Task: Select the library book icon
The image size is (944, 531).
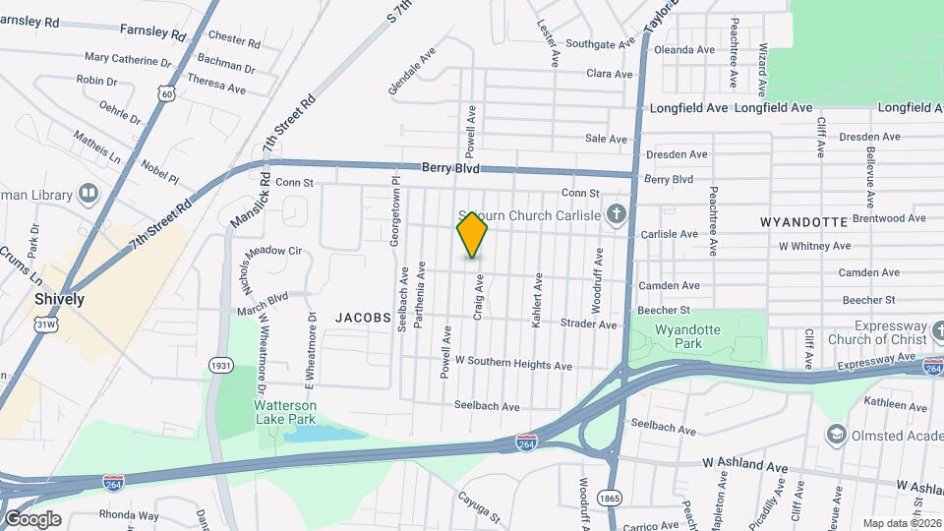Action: [x=88, y=193]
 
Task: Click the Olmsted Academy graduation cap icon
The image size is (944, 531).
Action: [x=836, y=434]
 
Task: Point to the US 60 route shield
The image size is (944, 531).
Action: [x=168, y=93]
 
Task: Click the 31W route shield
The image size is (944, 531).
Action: [x=45, y=324]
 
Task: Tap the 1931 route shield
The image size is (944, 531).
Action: [x=220, y=366]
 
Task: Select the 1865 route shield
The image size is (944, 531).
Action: [x=610, y=499]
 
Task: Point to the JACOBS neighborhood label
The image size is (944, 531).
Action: [x=364, y=318]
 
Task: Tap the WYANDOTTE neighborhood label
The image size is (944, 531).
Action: [x=803, y=223]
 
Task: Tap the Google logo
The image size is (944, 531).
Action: [x=32, y=519]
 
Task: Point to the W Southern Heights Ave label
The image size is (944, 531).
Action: [x=512, y=365]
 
